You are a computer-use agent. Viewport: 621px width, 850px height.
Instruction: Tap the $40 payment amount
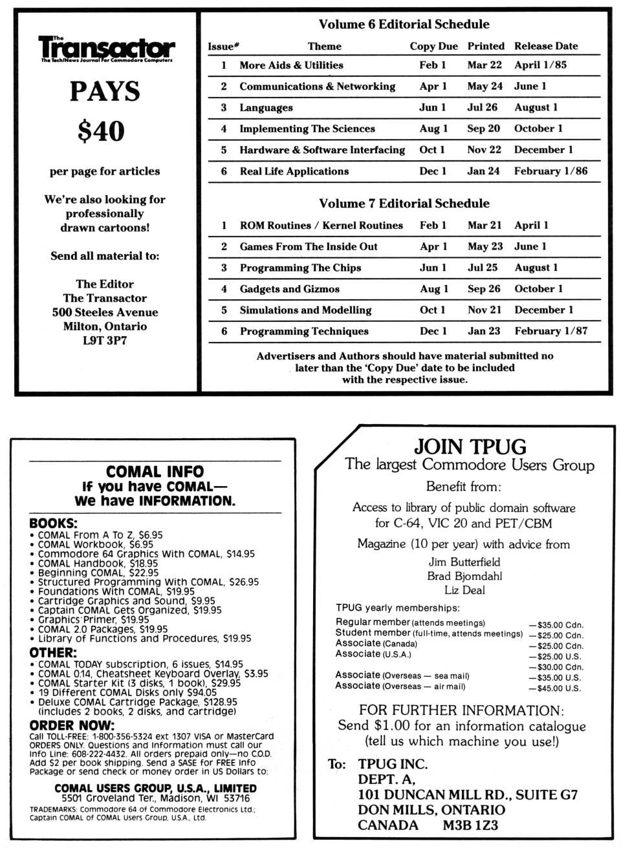(x=102, y=131)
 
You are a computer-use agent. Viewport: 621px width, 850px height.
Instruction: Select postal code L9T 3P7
(x=105, y=341)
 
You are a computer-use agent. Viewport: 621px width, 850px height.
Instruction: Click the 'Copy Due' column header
(x=433, y=46)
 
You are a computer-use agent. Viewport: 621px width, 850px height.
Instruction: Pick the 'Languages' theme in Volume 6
(x=266, y=107)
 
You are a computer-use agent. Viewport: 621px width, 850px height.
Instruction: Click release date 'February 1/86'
(x=550, y=171)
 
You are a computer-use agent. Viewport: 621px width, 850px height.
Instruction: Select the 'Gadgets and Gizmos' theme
(x=289, y=289)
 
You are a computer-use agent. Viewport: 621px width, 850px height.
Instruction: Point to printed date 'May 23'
(x=485, y=246)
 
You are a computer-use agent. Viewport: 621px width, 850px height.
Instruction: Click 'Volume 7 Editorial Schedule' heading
(x=404, y=203)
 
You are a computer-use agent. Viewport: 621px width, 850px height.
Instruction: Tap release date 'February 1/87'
(x=550, y=331)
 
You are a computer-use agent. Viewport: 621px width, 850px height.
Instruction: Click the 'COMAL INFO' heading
(x=155, y=472)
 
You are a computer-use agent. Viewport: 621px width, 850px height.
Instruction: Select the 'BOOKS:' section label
(x=53, y=524)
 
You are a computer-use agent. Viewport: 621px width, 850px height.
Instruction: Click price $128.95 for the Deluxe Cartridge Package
(x=220, y=702)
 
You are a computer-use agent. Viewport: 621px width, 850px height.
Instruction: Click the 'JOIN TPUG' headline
(x=470, y=447)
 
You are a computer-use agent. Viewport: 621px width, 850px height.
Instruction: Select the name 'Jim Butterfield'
(x=464, y=562)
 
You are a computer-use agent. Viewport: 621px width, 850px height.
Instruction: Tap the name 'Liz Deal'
(x=464, y=590)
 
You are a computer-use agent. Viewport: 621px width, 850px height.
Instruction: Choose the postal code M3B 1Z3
(x=470, y=825)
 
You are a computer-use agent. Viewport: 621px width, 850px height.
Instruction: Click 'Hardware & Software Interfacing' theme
(x=321, y=149)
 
